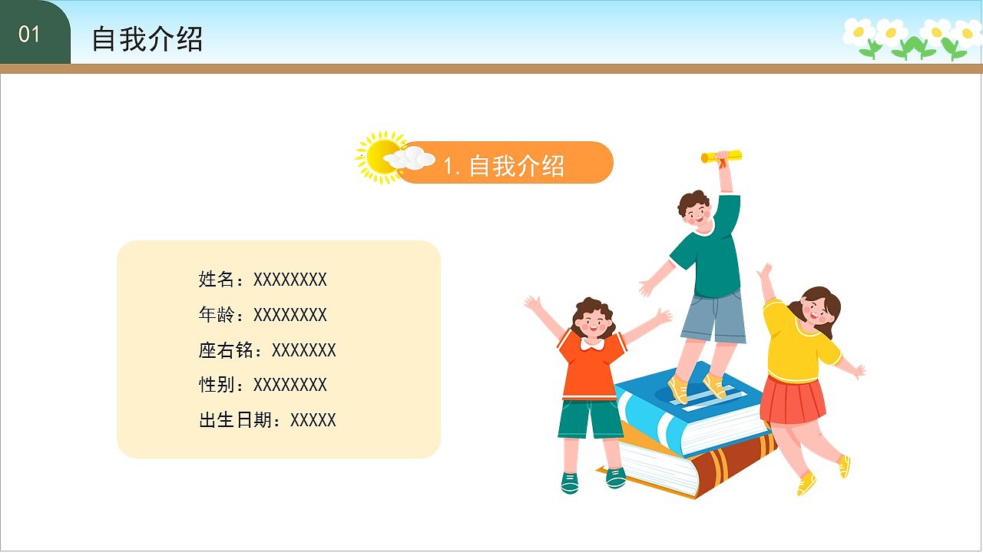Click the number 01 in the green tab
[29, 35]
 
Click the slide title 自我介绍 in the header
[147, 39]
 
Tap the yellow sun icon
[377, 156]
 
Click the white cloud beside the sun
[410, 158]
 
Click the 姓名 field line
[263, 280]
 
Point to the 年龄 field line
[263, 315]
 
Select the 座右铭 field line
[267, 350]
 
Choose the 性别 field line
[263, 385]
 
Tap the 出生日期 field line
[267, 420]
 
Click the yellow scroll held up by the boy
[721, 157]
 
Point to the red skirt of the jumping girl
[793, 399]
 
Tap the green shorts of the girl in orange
[590, 419]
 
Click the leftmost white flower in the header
[859, 32]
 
